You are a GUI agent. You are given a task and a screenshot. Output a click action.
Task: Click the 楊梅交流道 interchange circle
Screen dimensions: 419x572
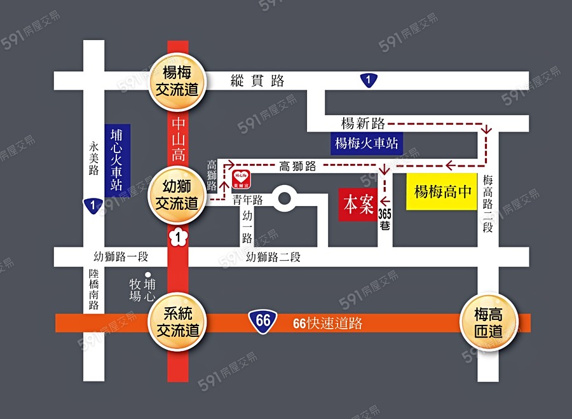click(x=178, y=81)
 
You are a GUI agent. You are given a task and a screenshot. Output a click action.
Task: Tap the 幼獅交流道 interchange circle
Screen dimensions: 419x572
click(x=178, y=195)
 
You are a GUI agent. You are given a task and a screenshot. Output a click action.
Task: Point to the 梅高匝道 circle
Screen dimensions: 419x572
click(x=488, y=322)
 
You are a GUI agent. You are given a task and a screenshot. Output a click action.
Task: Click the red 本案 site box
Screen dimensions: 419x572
click(x=358, y=205)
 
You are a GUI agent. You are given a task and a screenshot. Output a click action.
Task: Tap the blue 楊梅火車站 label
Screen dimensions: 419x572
click(x=367, y=143)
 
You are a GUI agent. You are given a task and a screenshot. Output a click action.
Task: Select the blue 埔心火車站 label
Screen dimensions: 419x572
click(x=116, y=160)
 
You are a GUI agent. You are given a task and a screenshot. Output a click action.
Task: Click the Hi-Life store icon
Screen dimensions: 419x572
click(x=242, y=176)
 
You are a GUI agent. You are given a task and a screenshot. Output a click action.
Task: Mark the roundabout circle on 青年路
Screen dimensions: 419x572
click(x=284, y=199)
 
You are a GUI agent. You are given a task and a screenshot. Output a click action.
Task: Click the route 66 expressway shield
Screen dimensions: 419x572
click(x=263, y=322)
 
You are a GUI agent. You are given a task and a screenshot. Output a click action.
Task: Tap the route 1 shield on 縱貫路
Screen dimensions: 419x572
click(x=367, y=80)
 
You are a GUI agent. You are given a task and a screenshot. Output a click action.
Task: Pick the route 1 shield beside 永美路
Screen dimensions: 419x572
click(x=93, y=205)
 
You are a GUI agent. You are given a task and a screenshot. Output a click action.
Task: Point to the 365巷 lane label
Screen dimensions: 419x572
click(x=385, y=217)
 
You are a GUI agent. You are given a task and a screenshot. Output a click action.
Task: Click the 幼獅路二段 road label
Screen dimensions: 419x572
click(x=273, y=258)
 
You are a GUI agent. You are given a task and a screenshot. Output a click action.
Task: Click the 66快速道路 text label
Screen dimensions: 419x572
click(x=327, y=322)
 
